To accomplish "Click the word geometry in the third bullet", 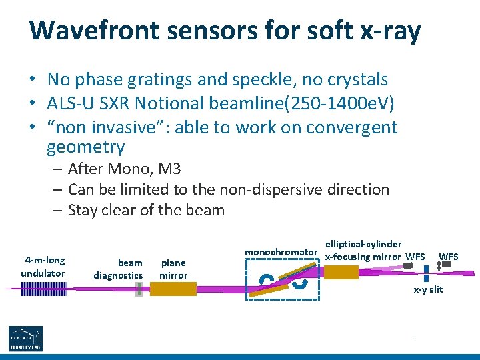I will pos(85,147).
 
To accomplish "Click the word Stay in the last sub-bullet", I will pos(84,210).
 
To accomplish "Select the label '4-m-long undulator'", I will pos(43,267).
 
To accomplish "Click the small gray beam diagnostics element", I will pos(139,289).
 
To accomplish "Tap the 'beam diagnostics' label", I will pos(118,269).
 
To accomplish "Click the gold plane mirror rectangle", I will pos(173,289).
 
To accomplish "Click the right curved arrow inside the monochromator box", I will pos(301,285).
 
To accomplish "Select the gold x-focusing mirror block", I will pos(341,272).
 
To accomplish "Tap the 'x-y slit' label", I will pos(428,289).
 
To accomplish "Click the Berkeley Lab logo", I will pos(25,338).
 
